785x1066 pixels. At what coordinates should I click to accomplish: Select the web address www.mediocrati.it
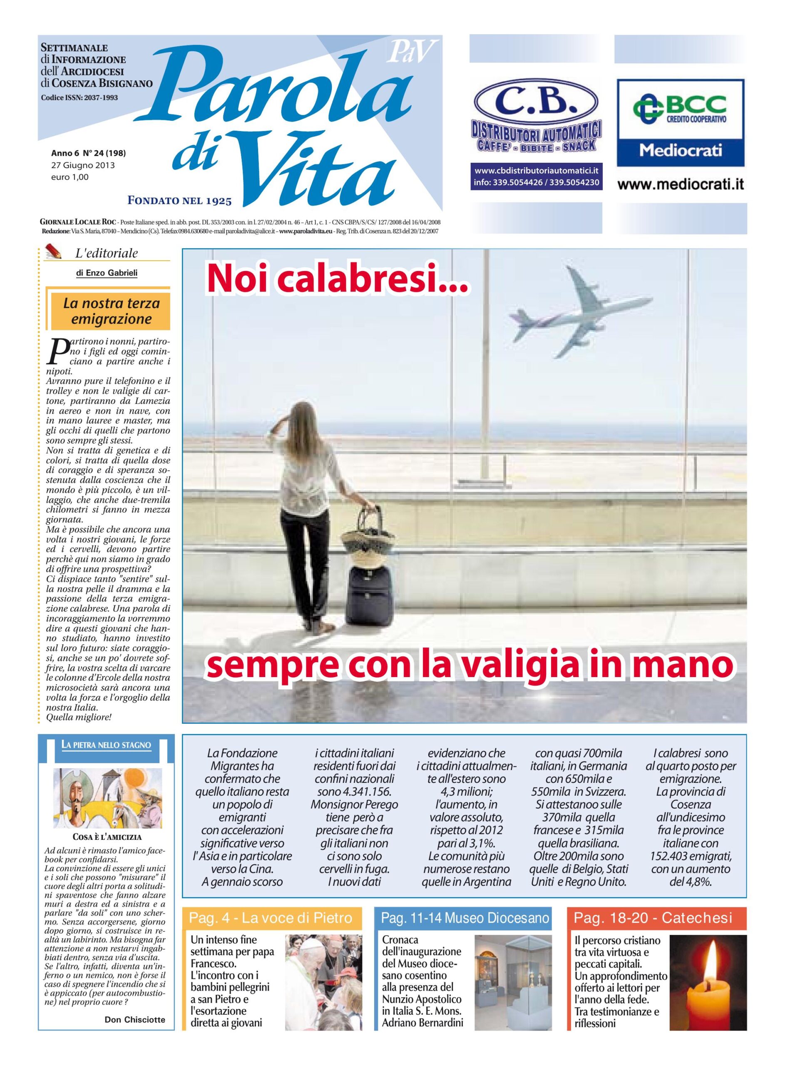click(x=681, y=184)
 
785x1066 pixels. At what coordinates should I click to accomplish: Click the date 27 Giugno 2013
click(x=83, y=165)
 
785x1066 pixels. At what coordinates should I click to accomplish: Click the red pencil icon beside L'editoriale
click(x=53, y=249)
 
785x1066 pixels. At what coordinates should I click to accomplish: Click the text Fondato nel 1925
click(x=180, y=201)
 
